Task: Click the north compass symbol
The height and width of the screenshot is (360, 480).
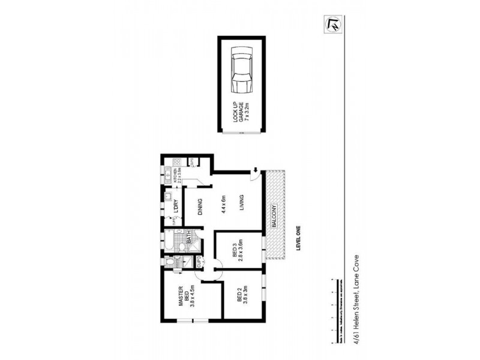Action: click(331, 24)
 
